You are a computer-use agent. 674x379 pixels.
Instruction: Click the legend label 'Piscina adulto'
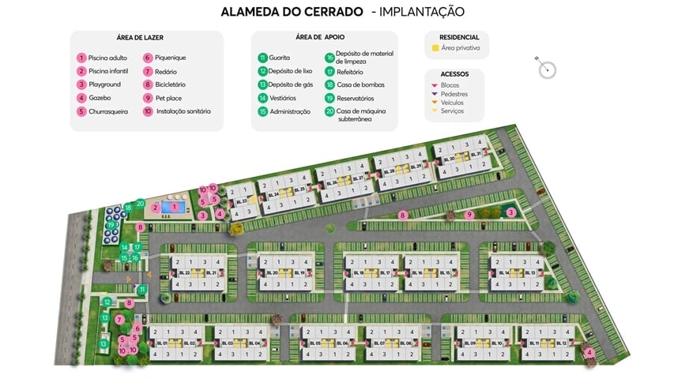(x=108, y=58)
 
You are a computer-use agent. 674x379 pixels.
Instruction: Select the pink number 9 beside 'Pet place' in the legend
(x=148, y=98)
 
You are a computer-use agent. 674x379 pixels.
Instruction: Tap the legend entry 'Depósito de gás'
(x=290, y=84)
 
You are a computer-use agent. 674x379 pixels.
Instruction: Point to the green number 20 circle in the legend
(x=329, y=111)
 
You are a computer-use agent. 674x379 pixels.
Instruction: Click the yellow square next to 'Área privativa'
(x=435, y=49)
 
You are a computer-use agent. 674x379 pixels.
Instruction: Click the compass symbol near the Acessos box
(x=547, y=69)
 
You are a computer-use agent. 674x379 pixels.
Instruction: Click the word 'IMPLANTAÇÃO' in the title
(x=422, y=12)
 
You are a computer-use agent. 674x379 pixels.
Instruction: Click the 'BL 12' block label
(x=559, y=343)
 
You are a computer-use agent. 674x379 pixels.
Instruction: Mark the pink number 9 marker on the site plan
(x=469, y=214)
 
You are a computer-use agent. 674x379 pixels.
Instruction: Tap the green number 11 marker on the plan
(x=142, y=290)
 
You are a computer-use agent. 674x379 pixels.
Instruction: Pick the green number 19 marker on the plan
(x=112, y=224)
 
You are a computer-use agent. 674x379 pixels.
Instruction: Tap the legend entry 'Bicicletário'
(x=171, y=84)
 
